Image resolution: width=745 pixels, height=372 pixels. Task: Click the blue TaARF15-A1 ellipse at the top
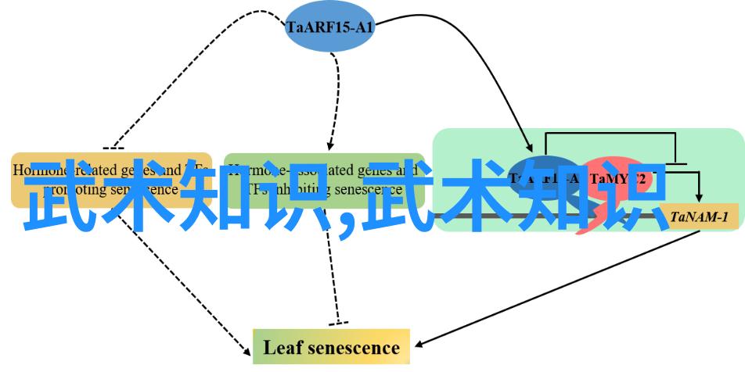(329, 27)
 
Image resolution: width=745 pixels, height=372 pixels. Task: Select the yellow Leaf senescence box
(331, 347)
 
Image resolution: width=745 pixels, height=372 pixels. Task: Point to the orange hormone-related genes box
(111, 180)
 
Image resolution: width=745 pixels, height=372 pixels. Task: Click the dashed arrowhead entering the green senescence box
(330, 147)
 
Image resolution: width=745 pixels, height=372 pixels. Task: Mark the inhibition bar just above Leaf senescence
(338, 324)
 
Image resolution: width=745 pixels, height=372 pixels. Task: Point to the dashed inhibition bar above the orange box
(113, 148)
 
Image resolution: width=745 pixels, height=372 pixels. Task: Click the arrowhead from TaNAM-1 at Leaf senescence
(417, 344)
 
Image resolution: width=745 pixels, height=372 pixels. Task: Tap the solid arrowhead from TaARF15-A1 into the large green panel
(531, 147)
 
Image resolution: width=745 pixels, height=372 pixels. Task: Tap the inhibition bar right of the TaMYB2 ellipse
(675, 164)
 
